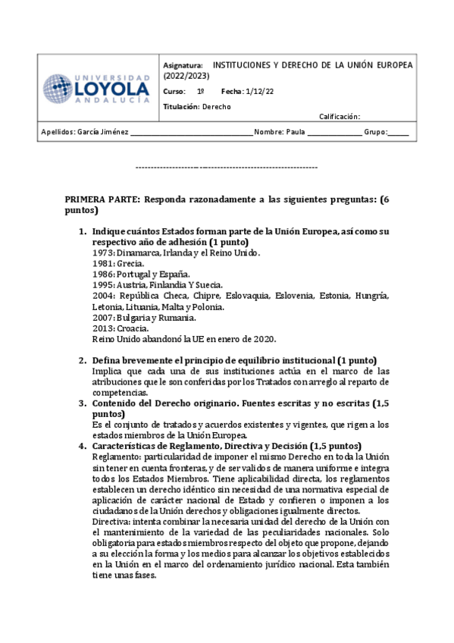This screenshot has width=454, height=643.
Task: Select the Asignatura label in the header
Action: [x=183, y=65]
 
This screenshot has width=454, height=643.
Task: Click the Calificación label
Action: [x=338, y=117]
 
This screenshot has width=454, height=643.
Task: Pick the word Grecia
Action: [x=131, y=263]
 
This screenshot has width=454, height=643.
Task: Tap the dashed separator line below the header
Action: [x=226, y=167]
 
